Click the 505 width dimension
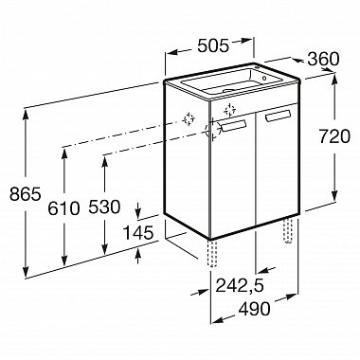point(212,46)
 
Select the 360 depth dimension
point(323,59)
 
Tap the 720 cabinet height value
point(334,136)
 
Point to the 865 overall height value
point(26,194)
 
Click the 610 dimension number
point(63,208)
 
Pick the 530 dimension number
point(104,207)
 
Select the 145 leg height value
point(137,233)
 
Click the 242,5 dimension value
point(240,286)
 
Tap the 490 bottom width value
point(255,309)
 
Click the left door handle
point(234,125)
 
